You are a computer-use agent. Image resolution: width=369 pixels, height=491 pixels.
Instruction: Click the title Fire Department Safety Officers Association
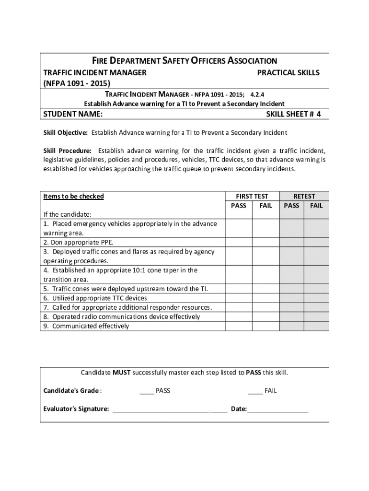tap(184, 61)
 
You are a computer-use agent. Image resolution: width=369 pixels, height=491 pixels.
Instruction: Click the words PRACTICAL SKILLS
tap(288, 72)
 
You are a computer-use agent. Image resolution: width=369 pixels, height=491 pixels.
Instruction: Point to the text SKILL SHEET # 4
tap(293, 114)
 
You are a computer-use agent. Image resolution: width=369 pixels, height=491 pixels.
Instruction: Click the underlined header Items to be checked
tap(73, 196)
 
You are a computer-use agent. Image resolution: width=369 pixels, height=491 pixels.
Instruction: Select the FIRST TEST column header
tap(252, 196)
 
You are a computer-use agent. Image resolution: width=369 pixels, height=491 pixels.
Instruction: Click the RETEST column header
tap(304, 196)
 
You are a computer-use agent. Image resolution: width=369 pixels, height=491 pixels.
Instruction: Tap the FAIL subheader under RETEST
tap(316, 206)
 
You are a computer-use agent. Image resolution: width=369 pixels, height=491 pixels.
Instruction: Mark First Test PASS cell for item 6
tap(239, 298)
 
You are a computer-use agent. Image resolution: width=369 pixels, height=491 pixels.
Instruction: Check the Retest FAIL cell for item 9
tap(316, 326)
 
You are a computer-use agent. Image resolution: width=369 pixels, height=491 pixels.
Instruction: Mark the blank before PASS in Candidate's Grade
tap(147, 391)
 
